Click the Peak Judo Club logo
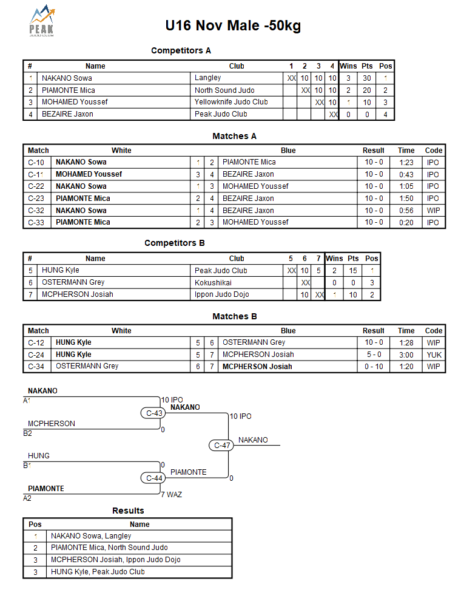42,22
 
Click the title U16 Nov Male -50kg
233,25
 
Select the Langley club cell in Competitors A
208,78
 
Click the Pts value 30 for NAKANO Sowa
367,78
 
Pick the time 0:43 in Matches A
406,174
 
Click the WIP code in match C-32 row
432,211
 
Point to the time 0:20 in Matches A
406,222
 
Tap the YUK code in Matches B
434,355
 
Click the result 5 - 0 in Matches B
374,355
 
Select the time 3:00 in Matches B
406,355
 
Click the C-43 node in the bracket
154,413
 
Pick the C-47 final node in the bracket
223,446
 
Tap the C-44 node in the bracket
154,478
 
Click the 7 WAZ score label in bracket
171,495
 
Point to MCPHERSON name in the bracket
52,424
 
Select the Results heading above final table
128,511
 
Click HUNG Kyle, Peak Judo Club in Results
98,572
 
